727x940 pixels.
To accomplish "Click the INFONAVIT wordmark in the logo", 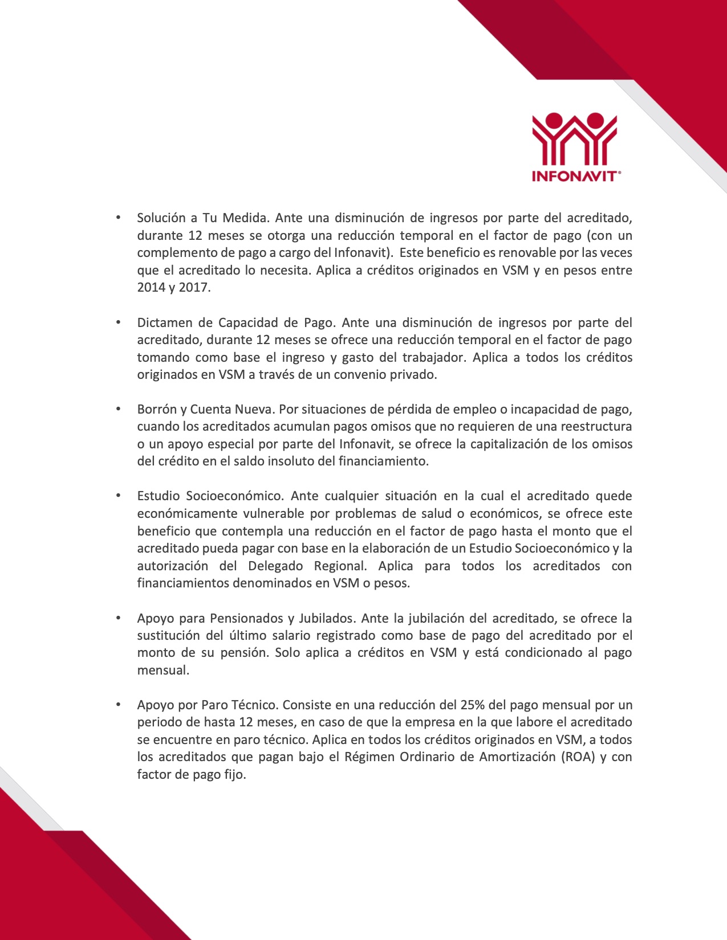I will tap(575, 176).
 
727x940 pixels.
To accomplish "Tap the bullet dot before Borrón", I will tap(119, 409).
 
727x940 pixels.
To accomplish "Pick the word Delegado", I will tap(275, 566).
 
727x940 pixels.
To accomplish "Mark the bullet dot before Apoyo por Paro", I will tap(119, 705).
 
